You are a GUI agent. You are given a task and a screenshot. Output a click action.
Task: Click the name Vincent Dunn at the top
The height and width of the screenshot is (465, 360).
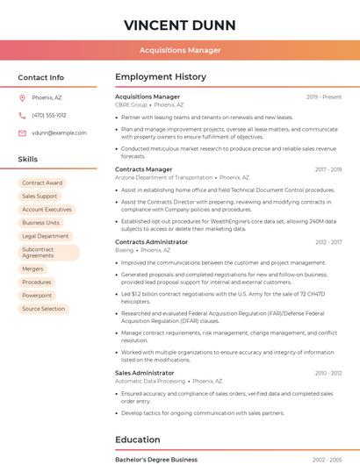179,23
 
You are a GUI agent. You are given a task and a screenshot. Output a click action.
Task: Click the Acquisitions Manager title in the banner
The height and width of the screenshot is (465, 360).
179,50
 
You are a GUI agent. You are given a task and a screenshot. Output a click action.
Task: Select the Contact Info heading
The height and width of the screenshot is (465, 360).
41,77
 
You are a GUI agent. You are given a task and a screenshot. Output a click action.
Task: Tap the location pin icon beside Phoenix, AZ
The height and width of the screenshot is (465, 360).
22,97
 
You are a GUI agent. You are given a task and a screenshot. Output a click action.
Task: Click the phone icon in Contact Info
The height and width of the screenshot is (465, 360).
22,115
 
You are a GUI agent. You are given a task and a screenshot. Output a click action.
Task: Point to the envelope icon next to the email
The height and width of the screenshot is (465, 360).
22,132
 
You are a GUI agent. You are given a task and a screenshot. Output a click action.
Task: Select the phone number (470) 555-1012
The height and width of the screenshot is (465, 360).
49,115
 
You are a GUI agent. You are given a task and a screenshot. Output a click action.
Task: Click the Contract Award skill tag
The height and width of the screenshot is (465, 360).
42,182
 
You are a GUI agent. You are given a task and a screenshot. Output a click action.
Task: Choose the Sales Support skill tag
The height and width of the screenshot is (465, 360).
40,196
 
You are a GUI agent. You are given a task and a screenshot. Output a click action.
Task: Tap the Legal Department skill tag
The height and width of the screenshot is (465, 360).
45,236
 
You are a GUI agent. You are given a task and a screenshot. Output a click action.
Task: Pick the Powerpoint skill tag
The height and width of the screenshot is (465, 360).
37,296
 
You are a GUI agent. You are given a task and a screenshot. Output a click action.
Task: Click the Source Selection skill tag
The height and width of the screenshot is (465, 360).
43,309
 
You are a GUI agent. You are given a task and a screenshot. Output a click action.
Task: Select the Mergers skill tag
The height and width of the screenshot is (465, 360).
32,268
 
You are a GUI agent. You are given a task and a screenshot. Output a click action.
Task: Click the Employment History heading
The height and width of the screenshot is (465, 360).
161,77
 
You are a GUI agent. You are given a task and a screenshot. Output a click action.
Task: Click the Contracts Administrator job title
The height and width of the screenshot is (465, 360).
151,241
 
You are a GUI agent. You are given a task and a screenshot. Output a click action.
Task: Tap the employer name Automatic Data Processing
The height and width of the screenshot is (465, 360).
150,382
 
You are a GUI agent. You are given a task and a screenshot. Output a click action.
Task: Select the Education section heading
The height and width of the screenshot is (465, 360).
138,440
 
